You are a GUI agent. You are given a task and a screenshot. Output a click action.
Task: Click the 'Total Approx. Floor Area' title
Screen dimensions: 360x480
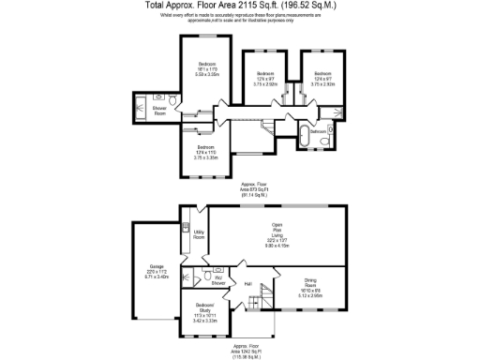point(239,6)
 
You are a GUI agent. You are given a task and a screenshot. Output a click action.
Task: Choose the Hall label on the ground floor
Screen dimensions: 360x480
point(248,283)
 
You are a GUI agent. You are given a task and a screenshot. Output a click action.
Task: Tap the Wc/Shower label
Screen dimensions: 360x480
point(217,279)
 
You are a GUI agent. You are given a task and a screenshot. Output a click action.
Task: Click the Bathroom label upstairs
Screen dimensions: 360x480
point(319,132)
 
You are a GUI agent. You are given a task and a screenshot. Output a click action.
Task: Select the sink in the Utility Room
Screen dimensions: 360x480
point(187,226)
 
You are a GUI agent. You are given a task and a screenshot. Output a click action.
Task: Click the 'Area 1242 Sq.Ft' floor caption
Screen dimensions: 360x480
point(253,351)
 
